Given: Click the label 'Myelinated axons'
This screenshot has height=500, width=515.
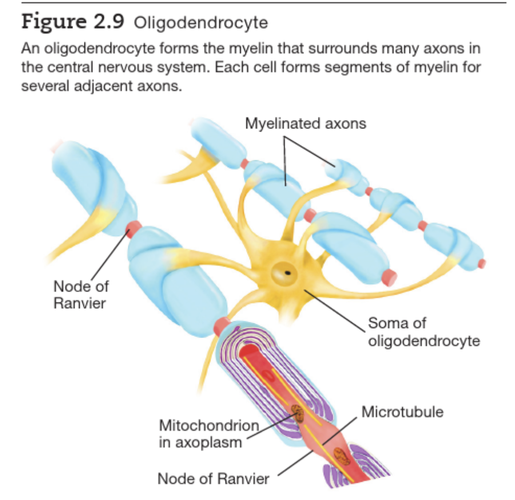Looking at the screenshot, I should click(305, 124).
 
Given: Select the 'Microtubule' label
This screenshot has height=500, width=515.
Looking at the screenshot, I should click(402, 412).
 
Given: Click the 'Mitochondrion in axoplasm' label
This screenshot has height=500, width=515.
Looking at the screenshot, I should click(209, 433).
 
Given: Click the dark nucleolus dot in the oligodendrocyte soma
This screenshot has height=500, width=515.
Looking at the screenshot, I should click(287, 273).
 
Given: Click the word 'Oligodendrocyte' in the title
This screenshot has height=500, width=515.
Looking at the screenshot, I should click(201, 23).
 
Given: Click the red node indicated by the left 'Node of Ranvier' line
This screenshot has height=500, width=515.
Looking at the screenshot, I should click(133, 229).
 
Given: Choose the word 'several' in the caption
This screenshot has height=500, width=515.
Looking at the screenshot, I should click(41, 86).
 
